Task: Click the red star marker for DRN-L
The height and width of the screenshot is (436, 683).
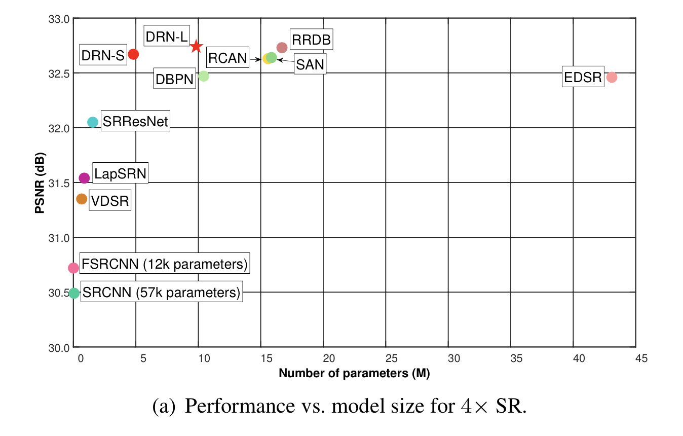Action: [x=197, y=47]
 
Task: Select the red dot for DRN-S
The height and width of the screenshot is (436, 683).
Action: [x=133, y=54]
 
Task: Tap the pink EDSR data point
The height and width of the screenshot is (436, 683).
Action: [x=612, y=78]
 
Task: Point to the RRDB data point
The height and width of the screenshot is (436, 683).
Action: [x=282, y=48]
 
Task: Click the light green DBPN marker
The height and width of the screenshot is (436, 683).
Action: [x=204, y=76]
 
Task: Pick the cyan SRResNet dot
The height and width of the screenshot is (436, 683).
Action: [x=93, y=122]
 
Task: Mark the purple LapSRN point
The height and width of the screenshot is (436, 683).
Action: [x=85, y=178]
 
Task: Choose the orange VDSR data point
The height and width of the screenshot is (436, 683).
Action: [x=82, y=199]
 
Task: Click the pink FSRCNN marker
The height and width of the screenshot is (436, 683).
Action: [x=73, y=267]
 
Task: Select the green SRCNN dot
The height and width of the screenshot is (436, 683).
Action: [x=74, y=293]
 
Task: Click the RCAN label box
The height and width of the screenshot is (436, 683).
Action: [x=227, y=58]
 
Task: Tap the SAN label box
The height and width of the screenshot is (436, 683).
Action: [x=310, y=64]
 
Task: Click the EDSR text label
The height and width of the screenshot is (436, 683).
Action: [x=583, y=78]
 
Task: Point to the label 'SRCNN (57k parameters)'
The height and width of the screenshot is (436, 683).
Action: [x=161, y=293]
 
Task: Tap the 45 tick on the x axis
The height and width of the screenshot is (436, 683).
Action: [x=641, y=358]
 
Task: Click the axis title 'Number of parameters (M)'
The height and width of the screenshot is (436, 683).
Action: [x=354, y=374]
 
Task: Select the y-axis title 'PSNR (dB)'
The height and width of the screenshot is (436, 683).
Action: [x=40, y=183]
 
